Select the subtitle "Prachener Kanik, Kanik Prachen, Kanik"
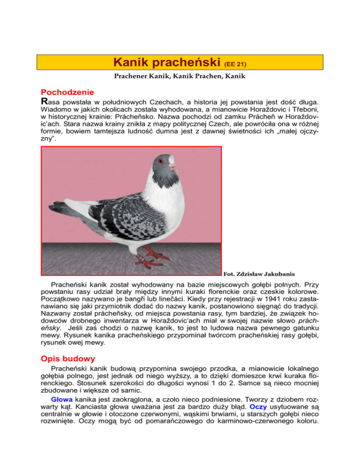pos(180,76)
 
